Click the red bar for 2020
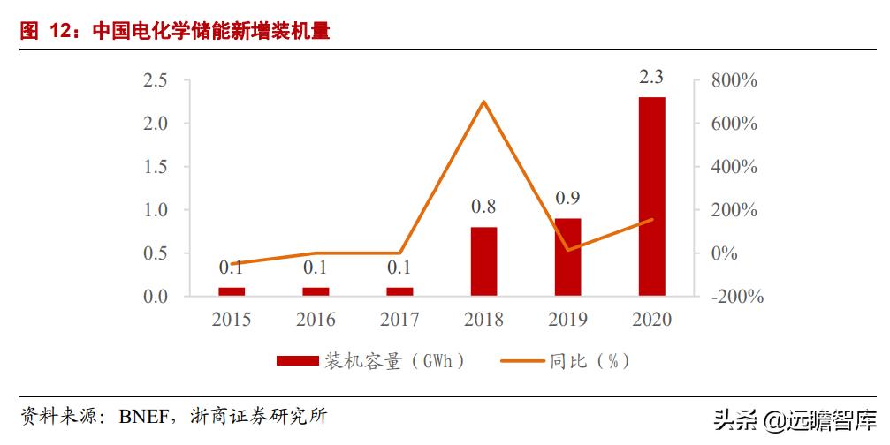pos(651,196)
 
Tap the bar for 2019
pos(567,257)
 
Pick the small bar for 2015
pos(232,291)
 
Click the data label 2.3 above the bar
pos(651,79)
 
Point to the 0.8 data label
pos(483,207)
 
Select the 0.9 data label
pos(567,199)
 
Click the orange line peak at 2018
pos(483,102)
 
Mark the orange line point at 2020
pos(651,220)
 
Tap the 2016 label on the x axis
pos(316,320)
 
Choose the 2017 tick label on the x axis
pos(399,320)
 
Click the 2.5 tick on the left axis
pos(156,80)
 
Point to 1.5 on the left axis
pos(156,167)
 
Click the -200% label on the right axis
pos(733,297)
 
